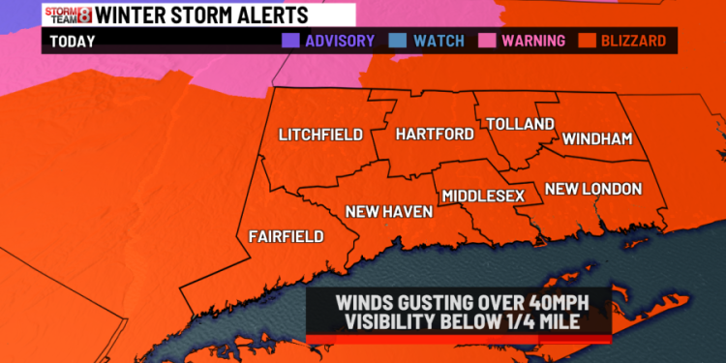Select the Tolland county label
(x=520, y=124)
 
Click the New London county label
(x=593, y=187)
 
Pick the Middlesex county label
(x=483, y=196)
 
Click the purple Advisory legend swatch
(x=289, y=41)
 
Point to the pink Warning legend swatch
(x=484, y=41)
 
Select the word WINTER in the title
(x=135, y=14)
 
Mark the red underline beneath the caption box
(x=459, y=339)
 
